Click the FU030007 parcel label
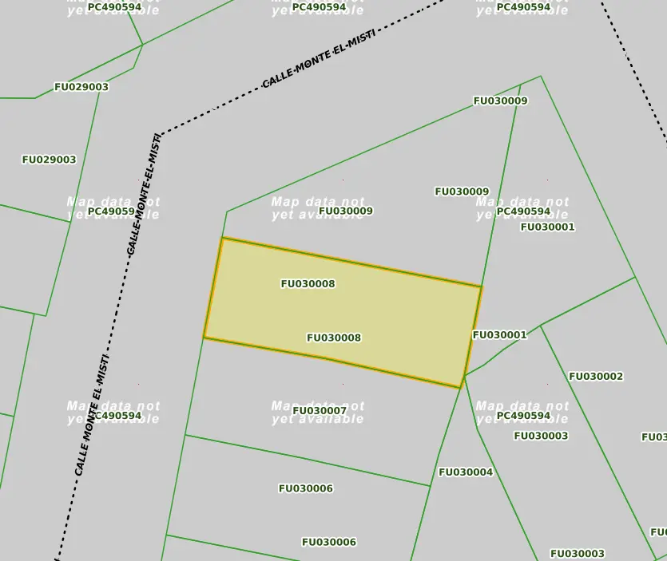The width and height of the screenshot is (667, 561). [320, 411]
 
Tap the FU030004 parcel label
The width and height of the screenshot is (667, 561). [466, 472]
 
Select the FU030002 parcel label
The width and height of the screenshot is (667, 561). [596, 377]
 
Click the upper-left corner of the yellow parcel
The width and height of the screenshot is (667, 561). [222, 238]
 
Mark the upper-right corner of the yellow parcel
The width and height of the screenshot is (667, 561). [481, 286]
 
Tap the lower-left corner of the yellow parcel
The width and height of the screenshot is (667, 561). [204, 338]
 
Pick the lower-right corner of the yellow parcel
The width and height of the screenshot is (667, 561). [462, 387]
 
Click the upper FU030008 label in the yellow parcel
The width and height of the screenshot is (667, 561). [308, 284]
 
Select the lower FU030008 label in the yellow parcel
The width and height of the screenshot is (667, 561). [334, 338]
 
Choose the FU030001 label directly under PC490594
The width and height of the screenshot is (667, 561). [547, 227]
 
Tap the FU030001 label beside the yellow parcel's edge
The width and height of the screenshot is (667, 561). [499, 335]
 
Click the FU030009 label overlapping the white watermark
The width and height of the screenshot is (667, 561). [346, 211]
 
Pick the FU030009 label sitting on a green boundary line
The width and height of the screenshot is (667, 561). [500, 101]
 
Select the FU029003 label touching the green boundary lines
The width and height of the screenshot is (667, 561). [81, 87]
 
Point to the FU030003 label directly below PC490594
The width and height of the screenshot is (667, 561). [541, 436]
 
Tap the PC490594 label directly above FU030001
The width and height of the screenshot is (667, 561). [523, 211]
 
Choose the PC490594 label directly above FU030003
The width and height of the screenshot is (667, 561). [523, 416]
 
